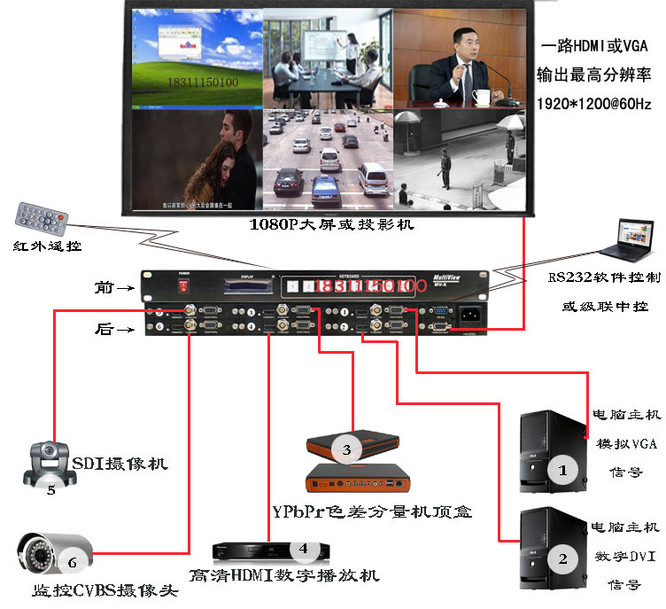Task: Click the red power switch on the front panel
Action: tap(184, 285)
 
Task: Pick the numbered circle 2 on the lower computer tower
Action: tap(561, 558)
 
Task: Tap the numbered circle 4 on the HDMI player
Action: tap(304, 550)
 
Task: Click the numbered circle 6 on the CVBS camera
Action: tap(74, 560)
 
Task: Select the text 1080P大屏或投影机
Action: tap(332, 225)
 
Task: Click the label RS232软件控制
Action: tap(604, 277)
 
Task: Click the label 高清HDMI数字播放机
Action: tap(284, 576)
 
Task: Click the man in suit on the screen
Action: tap(458, 59)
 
